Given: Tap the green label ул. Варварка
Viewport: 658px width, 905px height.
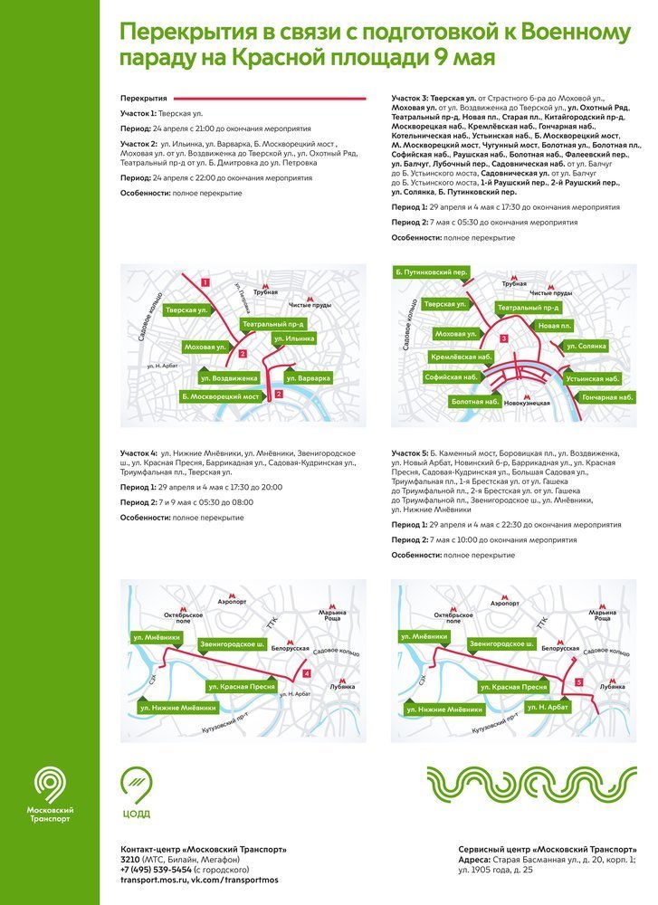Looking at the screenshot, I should tap(308, 377).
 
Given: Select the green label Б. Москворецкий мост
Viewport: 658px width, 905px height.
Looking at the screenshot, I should tap(221, 396).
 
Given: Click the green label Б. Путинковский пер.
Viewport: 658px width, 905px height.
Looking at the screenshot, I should tap(431, 271).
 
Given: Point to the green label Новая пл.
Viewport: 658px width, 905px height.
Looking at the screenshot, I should tap(554, 326).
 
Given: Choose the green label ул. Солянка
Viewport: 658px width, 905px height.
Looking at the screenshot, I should tap(585, 346).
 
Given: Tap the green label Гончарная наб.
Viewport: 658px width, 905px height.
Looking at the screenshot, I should tap(607, 397).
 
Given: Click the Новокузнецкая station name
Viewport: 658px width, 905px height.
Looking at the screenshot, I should tap(528, 403).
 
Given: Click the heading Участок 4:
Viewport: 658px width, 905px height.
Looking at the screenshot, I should tap(139, 452).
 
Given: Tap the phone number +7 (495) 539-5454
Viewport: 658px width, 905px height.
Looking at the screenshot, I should tap(157, 870).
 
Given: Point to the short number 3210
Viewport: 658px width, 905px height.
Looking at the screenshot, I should tap(131, 860).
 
